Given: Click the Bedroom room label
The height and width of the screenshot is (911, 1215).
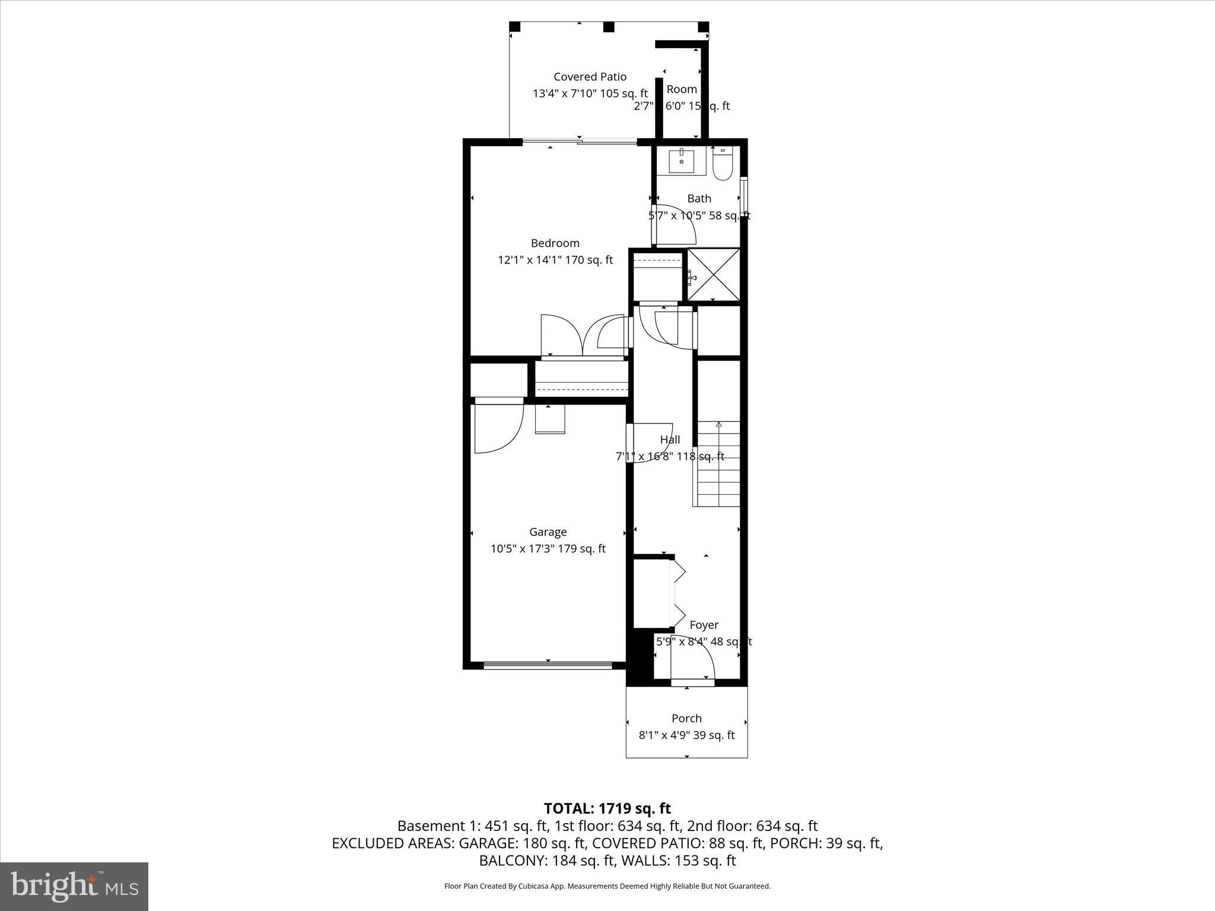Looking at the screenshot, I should [555, 243].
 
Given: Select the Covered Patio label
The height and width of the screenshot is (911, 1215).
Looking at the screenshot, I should [590, 77].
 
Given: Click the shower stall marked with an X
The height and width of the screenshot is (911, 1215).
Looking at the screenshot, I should [714, 274].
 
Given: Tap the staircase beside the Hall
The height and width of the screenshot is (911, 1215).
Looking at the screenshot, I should [718, 464].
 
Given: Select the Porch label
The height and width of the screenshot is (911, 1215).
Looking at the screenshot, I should [686, 718].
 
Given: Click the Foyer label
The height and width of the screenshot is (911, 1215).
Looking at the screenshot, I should [704, 625].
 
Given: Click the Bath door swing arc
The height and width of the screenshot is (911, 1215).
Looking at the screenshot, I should [676, 224].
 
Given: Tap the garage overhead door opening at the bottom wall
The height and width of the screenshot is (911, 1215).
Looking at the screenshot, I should [548, 665].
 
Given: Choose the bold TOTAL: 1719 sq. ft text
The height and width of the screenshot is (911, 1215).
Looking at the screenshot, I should [607, 808].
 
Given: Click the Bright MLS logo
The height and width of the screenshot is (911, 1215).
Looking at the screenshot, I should [74, 885].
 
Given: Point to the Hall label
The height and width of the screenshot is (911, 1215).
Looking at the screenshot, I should [670, 439].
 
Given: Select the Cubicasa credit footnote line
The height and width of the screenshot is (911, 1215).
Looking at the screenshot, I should [607, 886].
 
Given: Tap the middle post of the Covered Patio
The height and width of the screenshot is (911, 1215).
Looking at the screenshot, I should [608, 27].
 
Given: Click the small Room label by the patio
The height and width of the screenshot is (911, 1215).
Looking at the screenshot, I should [681, 89].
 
